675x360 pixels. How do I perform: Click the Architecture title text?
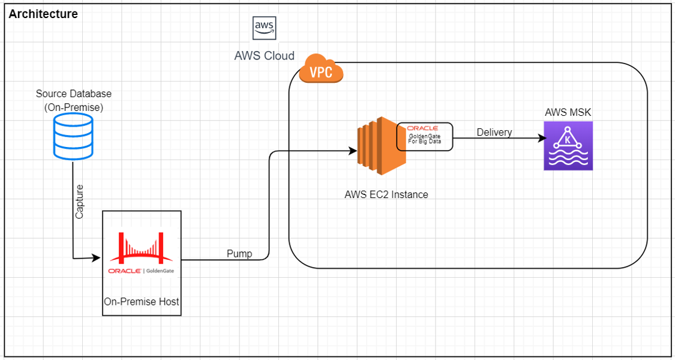coord(43,14)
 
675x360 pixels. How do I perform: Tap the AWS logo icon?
coord(265,27)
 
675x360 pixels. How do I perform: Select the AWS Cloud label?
coord(265,56)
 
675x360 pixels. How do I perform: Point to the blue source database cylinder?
coord(72,137)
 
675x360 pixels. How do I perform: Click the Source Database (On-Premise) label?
coord(74,100)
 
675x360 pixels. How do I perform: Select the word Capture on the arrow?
coord(80,201)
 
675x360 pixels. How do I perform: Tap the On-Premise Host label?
coord(142,302)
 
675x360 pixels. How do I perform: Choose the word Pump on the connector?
coord(239,254)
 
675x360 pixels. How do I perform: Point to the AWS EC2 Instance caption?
coord(386,194)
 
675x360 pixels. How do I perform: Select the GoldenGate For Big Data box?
coord(424,136)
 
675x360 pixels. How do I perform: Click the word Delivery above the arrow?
coord(494,132)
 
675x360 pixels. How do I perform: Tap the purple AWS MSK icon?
coord(568,146)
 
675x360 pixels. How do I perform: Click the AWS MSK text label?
coord(568,112)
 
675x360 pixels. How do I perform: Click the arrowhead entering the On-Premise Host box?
coord(98,258)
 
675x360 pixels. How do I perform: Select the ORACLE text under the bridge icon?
coord(124,271)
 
